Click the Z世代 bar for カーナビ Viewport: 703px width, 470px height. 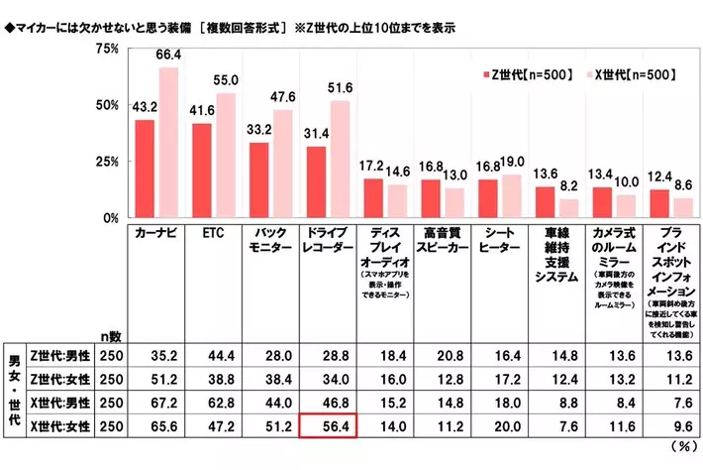pos(145,169)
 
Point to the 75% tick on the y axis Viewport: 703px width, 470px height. pos(106,49)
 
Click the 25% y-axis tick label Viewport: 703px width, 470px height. pos(106,162)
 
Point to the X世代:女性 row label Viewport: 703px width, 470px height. pos(59,426)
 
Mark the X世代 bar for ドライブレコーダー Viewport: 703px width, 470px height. pos(340,159)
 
